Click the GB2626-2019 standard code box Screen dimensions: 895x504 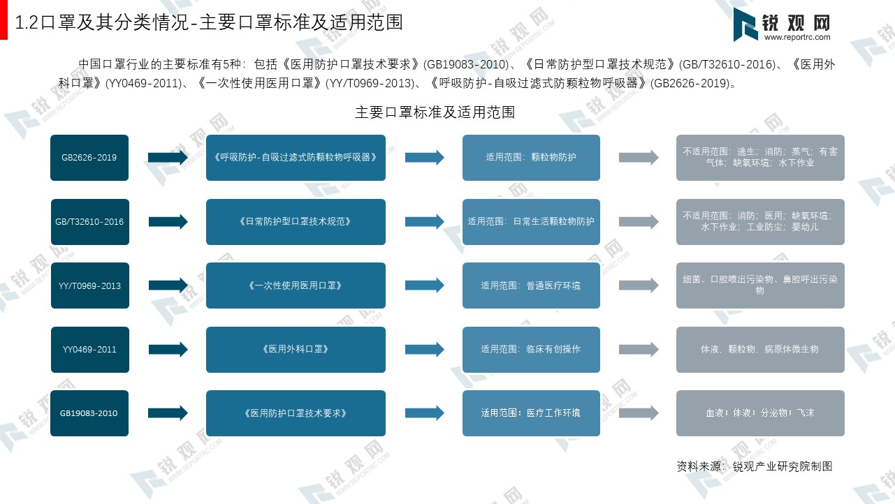click(89, 158)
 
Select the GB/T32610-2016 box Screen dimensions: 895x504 click(90, 222)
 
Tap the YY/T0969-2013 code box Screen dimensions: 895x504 click(90, 286)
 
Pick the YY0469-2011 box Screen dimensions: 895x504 click(90, 350)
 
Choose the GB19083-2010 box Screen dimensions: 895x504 click(89, 413)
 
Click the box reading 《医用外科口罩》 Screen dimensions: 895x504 click(296, 350)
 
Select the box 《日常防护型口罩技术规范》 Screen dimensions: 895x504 click(296, 222)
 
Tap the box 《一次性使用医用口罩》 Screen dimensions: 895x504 click(296, 286)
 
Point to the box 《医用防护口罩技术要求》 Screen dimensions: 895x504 click(296, 413)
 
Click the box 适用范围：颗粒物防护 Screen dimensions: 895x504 click(531, 158)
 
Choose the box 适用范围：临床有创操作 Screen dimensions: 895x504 click(531, 350)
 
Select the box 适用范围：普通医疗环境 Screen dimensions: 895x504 click(531, 286)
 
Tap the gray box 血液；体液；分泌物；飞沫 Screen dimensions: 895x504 click(760, 413)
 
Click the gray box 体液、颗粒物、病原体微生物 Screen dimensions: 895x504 click(760, 350)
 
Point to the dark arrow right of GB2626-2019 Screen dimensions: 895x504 click(168, 158)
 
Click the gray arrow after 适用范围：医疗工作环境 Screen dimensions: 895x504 click(639, 413)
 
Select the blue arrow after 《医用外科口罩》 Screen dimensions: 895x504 click(425, 350)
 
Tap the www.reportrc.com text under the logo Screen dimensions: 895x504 click(797, 37)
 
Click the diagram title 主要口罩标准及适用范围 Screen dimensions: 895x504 click(435, 112)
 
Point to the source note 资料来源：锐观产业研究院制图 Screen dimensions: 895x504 click(755, 466)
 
